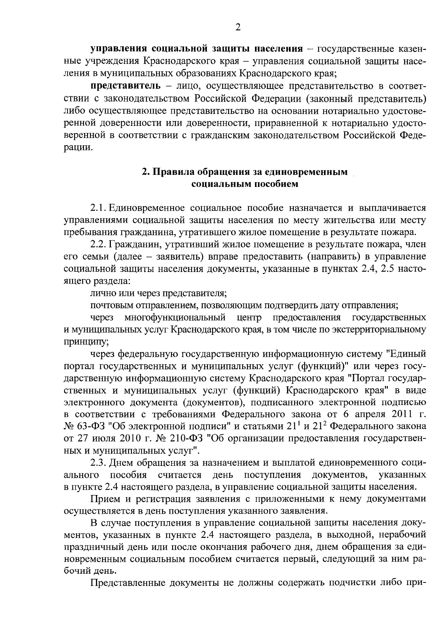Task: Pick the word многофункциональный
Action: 175,318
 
